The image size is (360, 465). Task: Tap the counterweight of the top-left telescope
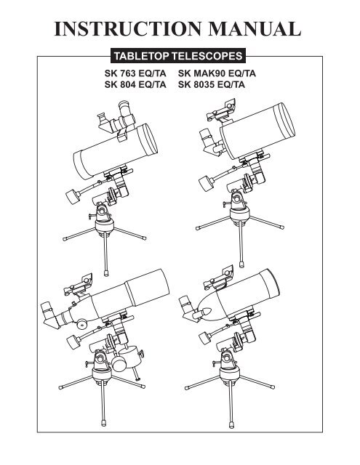[x=72, y=195]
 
